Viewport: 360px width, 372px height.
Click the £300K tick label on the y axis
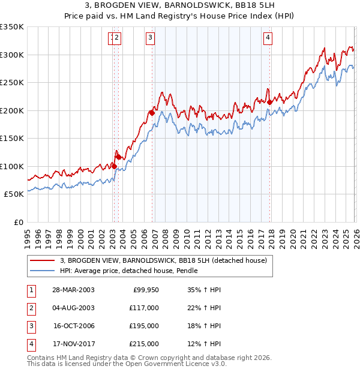[x=12, y=55]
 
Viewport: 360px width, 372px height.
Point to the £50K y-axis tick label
[x=14, y=194]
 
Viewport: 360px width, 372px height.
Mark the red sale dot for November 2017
[x=270, y=102]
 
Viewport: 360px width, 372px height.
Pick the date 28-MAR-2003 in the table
[x=73, y=290]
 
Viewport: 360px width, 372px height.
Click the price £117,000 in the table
[x=144, y=308]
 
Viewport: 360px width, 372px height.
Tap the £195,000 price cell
[x=144, y=326]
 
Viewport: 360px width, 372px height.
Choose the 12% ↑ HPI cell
[x=205, y=344]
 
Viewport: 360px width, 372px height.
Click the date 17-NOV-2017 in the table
[x=73, y=344]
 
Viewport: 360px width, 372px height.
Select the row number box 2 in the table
[x=31, y=308]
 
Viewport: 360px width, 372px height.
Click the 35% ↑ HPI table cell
[x=205, y=290]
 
